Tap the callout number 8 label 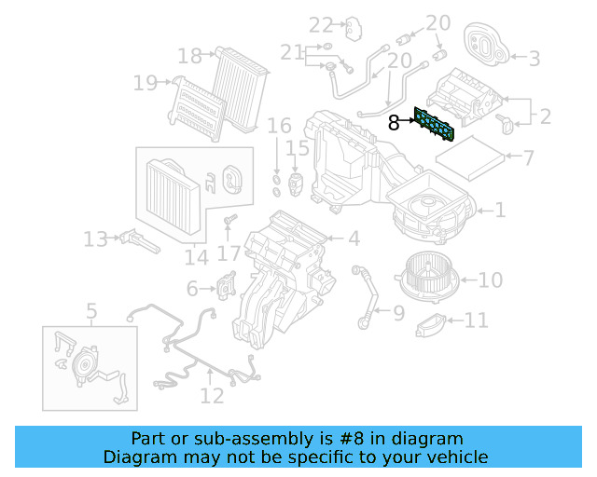pyautogui.click(x=394, y=121)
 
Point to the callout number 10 pyautogui.click(x=491, y=279)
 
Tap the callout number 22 pyautogui.click(x=321, y=24)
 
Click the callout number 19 pyautogui.click(x=145, y=83)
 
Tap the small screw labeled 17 pyautogui.click(x=229, y=220)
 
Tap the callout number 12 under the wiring pyautogui.click(x=213, y=396)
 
